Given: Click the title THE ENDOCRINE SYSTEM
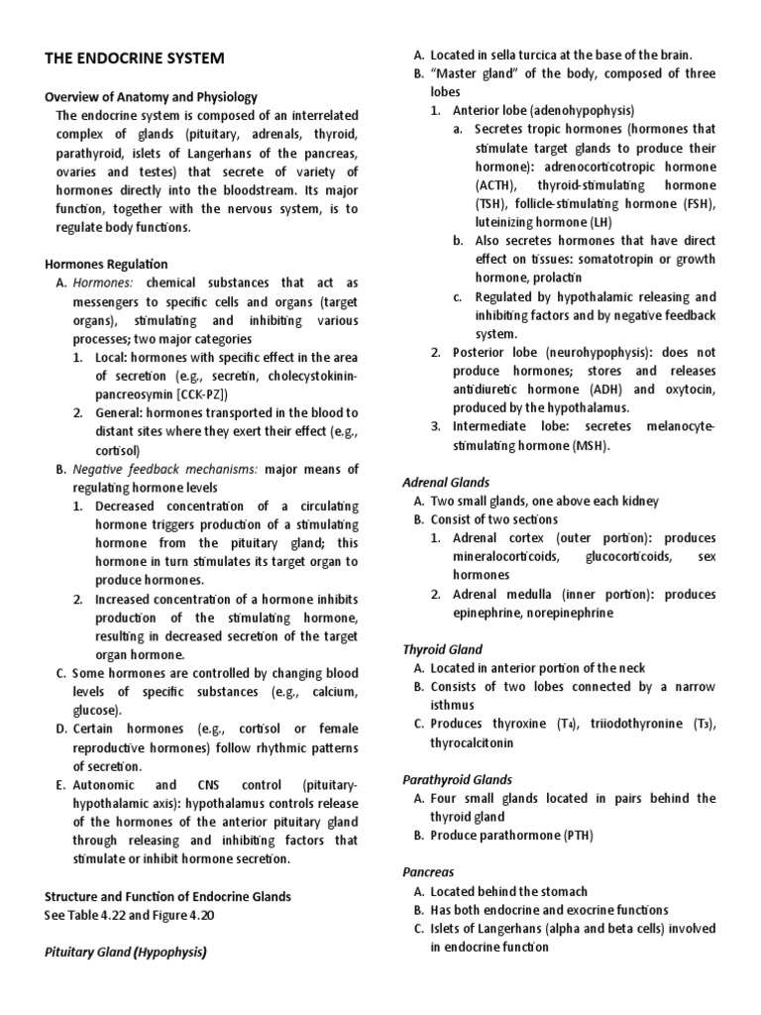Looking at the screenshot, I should tap(135, 59).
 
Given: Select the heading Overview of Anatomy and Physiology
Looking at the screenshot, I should tap(151, 97).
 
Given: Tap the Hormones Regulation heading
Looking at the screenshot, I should tap(106, 264).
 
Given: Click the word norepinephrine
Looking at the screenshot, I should tap(567, 613).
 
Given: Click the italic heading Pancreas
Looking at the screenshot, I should tap(427, 872).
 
